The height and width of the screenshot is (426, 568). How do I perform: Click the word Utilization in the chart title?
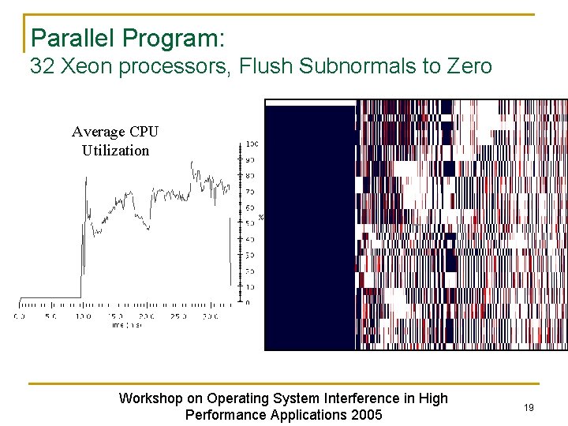coord(115,150)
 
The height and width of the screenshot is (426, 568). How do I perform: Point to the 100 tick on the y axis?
coord(252,144)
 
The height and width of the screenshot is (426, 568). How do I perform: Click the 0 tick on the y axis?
coord(248,302)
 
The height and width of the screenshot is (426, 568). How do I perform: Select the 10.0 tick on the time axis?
coord(82,316)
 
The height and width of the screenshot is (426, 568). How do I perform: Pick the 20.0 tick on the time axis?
coord(146,316)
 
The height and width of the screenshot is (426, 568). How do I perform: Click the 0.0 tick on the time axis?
coord(19,316)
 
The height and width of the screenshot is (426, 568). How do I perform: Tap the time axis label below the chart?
coord(126,324)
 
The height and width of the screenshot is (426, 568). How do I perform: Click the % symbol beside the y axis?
coord(261,217)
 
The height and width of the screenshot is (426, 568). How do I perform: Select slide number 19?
coord(529,407)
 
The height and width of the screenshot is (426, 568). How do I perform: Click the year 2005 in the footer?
coord(366,415)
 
